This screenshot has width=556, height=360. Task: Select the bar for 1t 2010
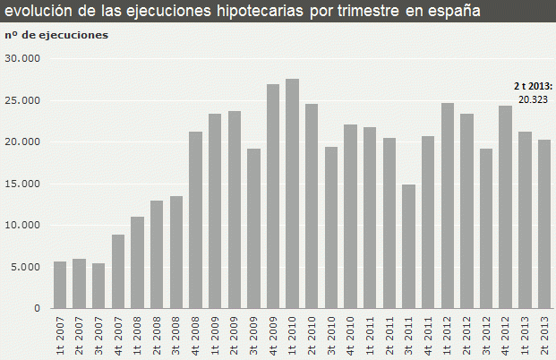292,193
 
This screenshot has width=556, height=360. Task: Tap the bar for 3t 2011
408,246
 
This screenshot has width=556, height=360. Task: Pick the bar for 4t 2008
195,219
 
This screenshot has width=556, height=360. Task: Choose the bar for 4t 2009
273,196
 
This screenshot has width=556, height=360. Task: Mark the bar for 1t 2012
448,205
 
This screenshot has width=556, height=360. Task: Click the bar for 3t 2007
98,286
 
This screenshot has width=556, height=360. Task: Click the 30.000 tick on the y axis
22,58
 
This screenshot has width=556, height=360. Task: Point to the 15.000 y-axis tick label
22,184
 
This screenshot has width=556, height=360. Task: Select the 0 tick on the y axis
37,308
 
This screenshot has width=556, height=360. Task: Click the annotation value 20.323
536,99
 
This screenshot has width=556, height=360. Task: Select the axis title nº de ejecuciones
56,35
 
